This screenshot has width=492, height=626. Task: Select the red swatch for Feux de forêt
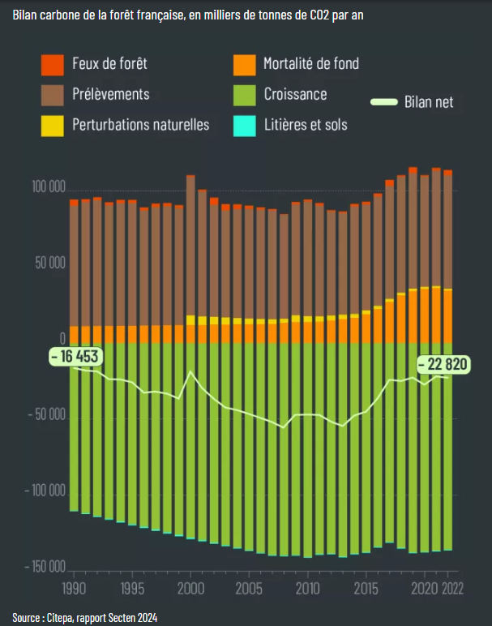(53, 63)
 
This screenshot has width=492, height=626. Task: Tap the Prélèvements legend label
(110, 94)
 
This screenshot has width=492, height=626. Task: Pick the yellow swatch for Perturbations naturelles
(53, 125)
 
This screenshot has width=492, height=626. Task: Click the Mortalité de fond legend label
(310, 63)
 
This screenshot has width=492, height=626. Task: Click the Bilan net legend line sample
(384, 102)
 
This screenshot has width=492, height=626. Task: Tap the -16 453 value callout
(74, 356)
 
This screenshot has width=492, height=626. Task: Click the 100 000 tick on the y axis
(49, 187)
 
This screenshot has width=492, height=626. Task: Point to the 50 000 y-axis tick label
(51, 263)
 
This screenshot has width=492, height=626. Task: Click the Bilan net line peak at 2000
(190, 372)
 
